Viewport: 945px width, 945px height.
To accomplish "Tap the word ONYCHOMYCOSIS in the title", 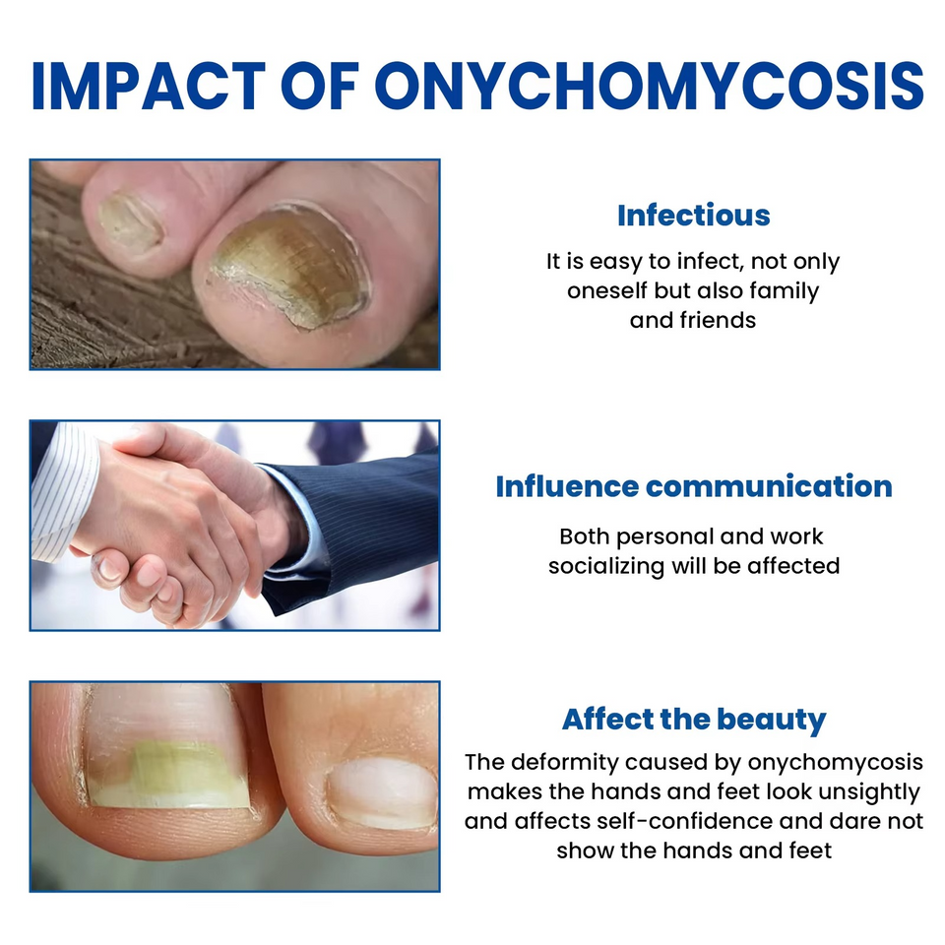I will point(649,87).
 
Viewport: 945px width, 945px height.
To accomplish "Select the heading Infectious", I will point(693,215).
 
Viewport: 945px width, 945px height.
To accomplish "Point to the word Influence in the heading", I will point(567,486).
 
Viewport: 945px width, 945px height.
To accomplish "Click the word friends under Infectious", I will point(718,320).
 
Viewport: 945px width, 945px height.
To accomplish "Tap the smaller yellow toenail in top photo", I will point(129,222).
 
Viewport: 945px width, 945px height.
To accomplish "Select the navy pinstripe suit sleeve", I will point(369,517).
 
